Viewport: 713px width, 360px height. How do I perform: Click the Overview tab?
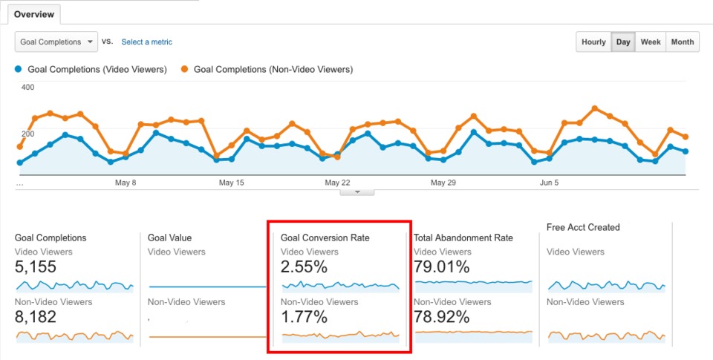click(x=33, y=14)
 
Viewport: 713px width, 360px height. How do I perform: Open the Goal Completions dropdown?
click(x=56, y=42)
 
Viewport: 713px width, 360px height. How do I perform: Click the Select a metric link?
click(x=147, y=42)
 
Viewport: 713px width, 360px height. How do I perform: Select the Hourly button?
click(x=593, y=42)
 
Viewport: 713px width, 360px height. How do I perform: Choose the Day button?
click(x=623, y=42)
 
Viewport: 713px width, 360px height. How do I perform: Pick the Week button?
click(x=651, y=42)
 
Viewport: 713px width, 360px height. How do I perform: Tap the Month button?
click(x=683, y=42)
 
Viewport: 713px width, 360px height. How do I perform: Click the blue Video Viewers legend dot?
click(x=19, y=70)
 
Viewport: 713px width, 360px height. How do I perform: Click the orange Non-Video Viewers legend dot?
click(x=184, y=70)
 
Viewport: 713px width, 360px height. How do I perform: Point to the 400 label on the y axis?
click(x=27, y=88)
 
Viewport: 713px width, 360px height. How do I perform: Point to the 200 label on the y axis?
click(x=27, y=134)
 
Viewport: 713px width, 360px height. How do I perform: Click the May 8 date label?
click(x=125, y=183)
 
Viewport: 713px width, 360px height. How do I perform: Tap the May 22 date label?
click(x=337, y=183)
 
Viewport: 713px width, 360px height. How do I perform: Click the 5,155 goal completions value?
click(x=36, y=267)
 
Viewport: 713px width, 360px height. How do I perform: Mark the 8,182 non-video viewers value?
click(x=36, y=318)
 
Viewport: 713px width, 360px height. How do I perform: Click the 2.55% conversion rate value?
click(x=304, y=267)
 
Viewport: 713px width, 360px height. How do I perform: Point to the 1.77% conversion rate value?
click(x=304, y=318)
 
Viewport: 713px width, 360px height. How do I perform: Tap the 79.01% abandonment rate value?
click(x=441, y=267)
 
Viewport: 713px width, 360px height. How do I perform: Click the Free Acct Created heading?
click(x=583, y=227)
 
